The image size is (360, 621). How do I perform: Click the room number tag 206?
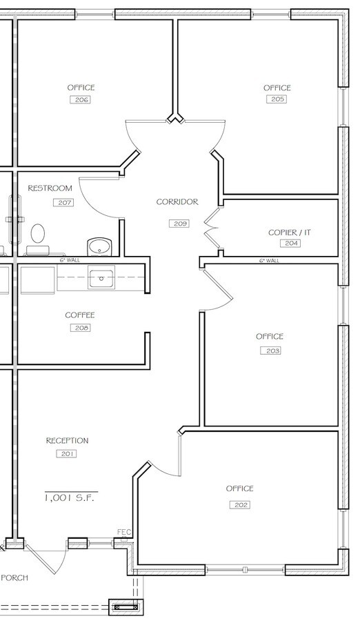point(81,100)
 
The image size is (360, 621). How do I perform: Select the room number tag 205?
point(277,100)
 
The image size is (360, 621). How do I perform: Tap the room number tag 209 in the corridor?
point(179,224)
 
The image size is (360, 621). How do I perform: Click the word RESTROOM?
point(50,188)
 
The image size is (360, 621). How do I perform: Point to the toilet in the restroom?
point(38,235)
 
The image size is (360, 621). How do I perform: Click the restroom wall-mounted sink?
point(100,246)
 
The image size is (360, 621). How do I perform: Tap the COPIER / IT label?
point(289,233)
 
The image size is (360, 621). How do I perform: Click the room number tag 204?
point(290,244)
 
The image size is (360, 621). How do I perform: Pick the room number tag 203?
point(270,351)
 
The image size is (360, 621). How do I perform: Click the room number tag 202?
point(239,505)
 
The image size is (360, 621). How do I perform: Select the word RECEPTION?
point(67,441)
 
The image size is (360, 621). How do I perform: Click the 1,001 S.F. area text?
point(67,497)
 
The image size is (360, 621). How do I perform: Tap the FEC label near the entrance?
point(124,532)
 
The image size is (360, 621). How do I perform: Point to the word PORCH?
point(14,578)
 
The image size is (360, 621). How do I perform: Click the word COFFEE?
point(80,315)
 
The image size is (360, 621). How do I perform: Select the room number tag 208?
point(80,328)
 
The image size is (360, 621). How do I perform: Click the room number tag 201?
point(67,454)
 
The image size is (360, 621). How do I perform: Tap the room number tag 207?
point(63,203)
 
